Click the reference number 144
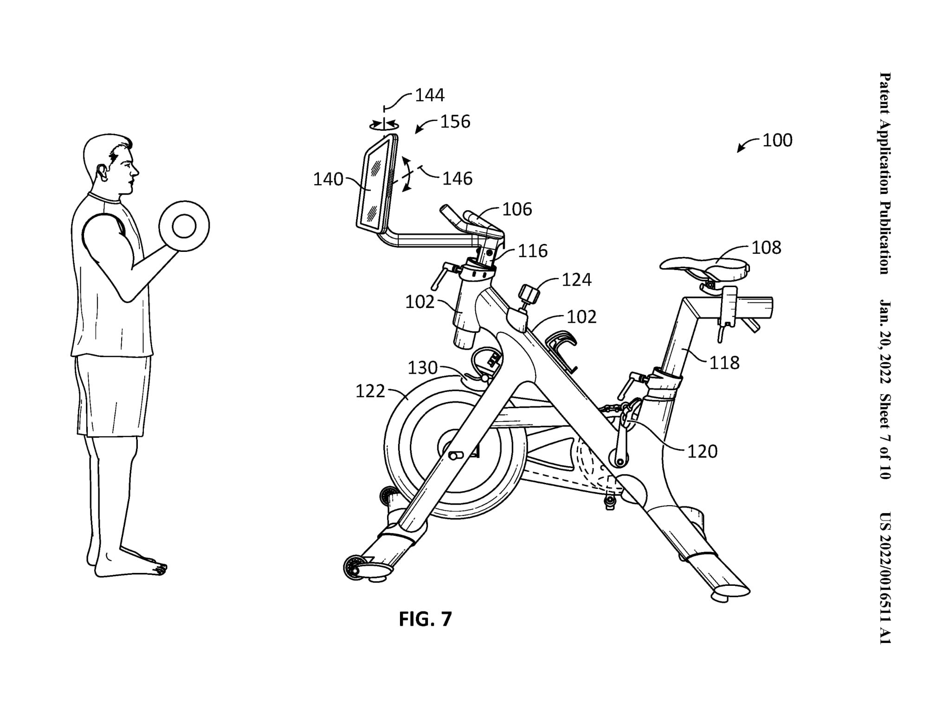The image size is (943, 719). [x=430, y=95]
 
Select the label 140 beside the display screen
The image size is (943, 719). [x=328, y=179]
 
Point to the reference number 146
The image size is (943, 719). [x=457, y=178]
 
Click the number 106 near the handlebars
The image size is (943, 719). [x=517, y=210]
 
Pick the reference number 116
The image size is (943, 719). [x=533, y=251]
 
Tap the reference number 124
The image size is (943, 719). [x=576, y=280]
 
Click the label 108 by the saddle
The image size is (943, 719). [x=766, y=248]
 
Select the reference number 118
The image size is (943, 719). [x=724, y=362]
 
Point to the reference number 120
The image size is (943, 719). [x=702, y=451]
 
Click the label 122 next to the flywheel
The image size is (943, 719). [x=370, y=392]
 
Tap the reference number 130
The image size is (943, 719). [x=422, y=368]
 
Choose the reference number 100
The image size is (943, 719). [x=777, y=140]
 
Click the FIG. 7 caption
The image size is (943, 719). [x=425, y=619]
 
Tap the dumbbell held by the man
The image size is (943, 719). [x=184, y=226]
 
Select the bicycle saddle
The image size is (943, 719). [x=704, y=268]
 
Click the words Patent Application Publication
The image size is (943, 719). [x=885, y=173]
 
